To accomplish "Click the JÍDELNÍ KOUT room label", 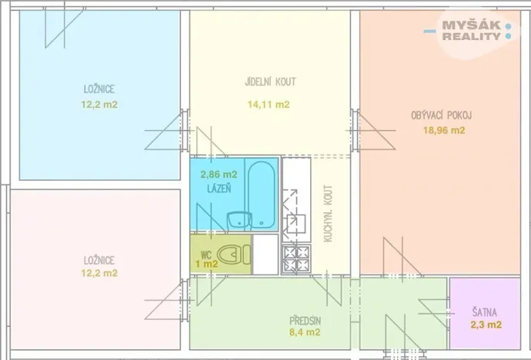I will click(x=269, y=82).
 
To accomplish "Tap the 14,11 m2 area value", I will click(x=269, y=105).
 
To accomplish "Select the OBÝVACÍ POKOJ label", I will click(x=441, y=115).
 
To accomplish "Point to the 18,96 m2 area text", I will click(x=444, y=130).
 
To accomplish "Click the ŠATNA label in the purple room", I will click(x=485, y=312).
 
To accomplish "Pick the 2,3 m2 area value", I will click(x=486, y=325).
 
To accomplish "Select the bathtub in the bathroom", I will click(x=261, y=193).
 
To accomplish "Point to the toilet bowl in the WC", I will click(x=230, y=253).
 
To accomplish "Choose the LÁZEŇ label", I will click(x=219, y=188).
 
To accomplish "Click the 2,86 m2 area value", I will click(x=219, y=175).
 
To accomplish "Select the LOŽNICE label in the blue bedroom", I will click(x=100, y=88).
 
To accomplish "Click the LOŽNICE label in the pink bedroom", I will click(x=100, y=260).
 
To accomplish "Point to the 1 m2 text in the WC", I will click(x=205, y=264).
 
